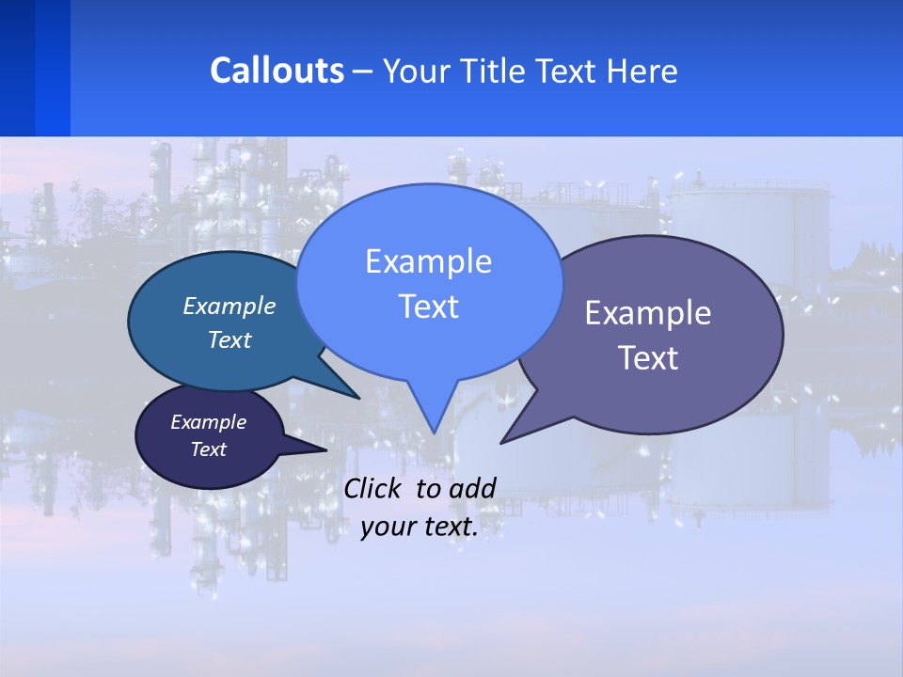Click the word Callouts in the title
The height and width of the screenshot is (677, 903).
277,71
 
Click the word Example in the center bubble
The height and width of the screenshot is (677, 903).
428,261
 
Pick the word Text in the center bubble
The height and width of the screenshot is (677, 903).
428,307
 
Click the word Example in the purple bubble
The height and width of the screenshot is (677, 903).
648,313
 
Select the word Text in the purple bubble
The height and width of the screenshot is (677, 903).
648,358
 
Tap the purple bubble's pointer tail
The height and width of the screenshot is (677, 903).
513,434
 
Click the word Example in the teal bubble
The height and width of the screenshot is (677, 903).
229,307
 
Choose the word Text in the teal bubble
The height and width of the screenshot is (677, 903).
229,340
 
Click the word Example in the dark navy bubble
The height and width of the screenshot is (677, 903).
208,422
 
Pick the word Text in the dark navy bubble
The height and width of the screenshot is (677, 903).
208,449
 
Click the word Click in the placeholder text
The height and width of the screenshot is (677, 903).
374,488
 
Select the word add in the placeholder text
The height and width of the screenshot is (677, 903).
471,488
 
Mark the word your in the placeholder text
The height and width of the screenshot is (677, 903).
387,527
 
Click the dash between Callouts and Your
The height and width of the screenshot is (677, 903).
363,71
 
